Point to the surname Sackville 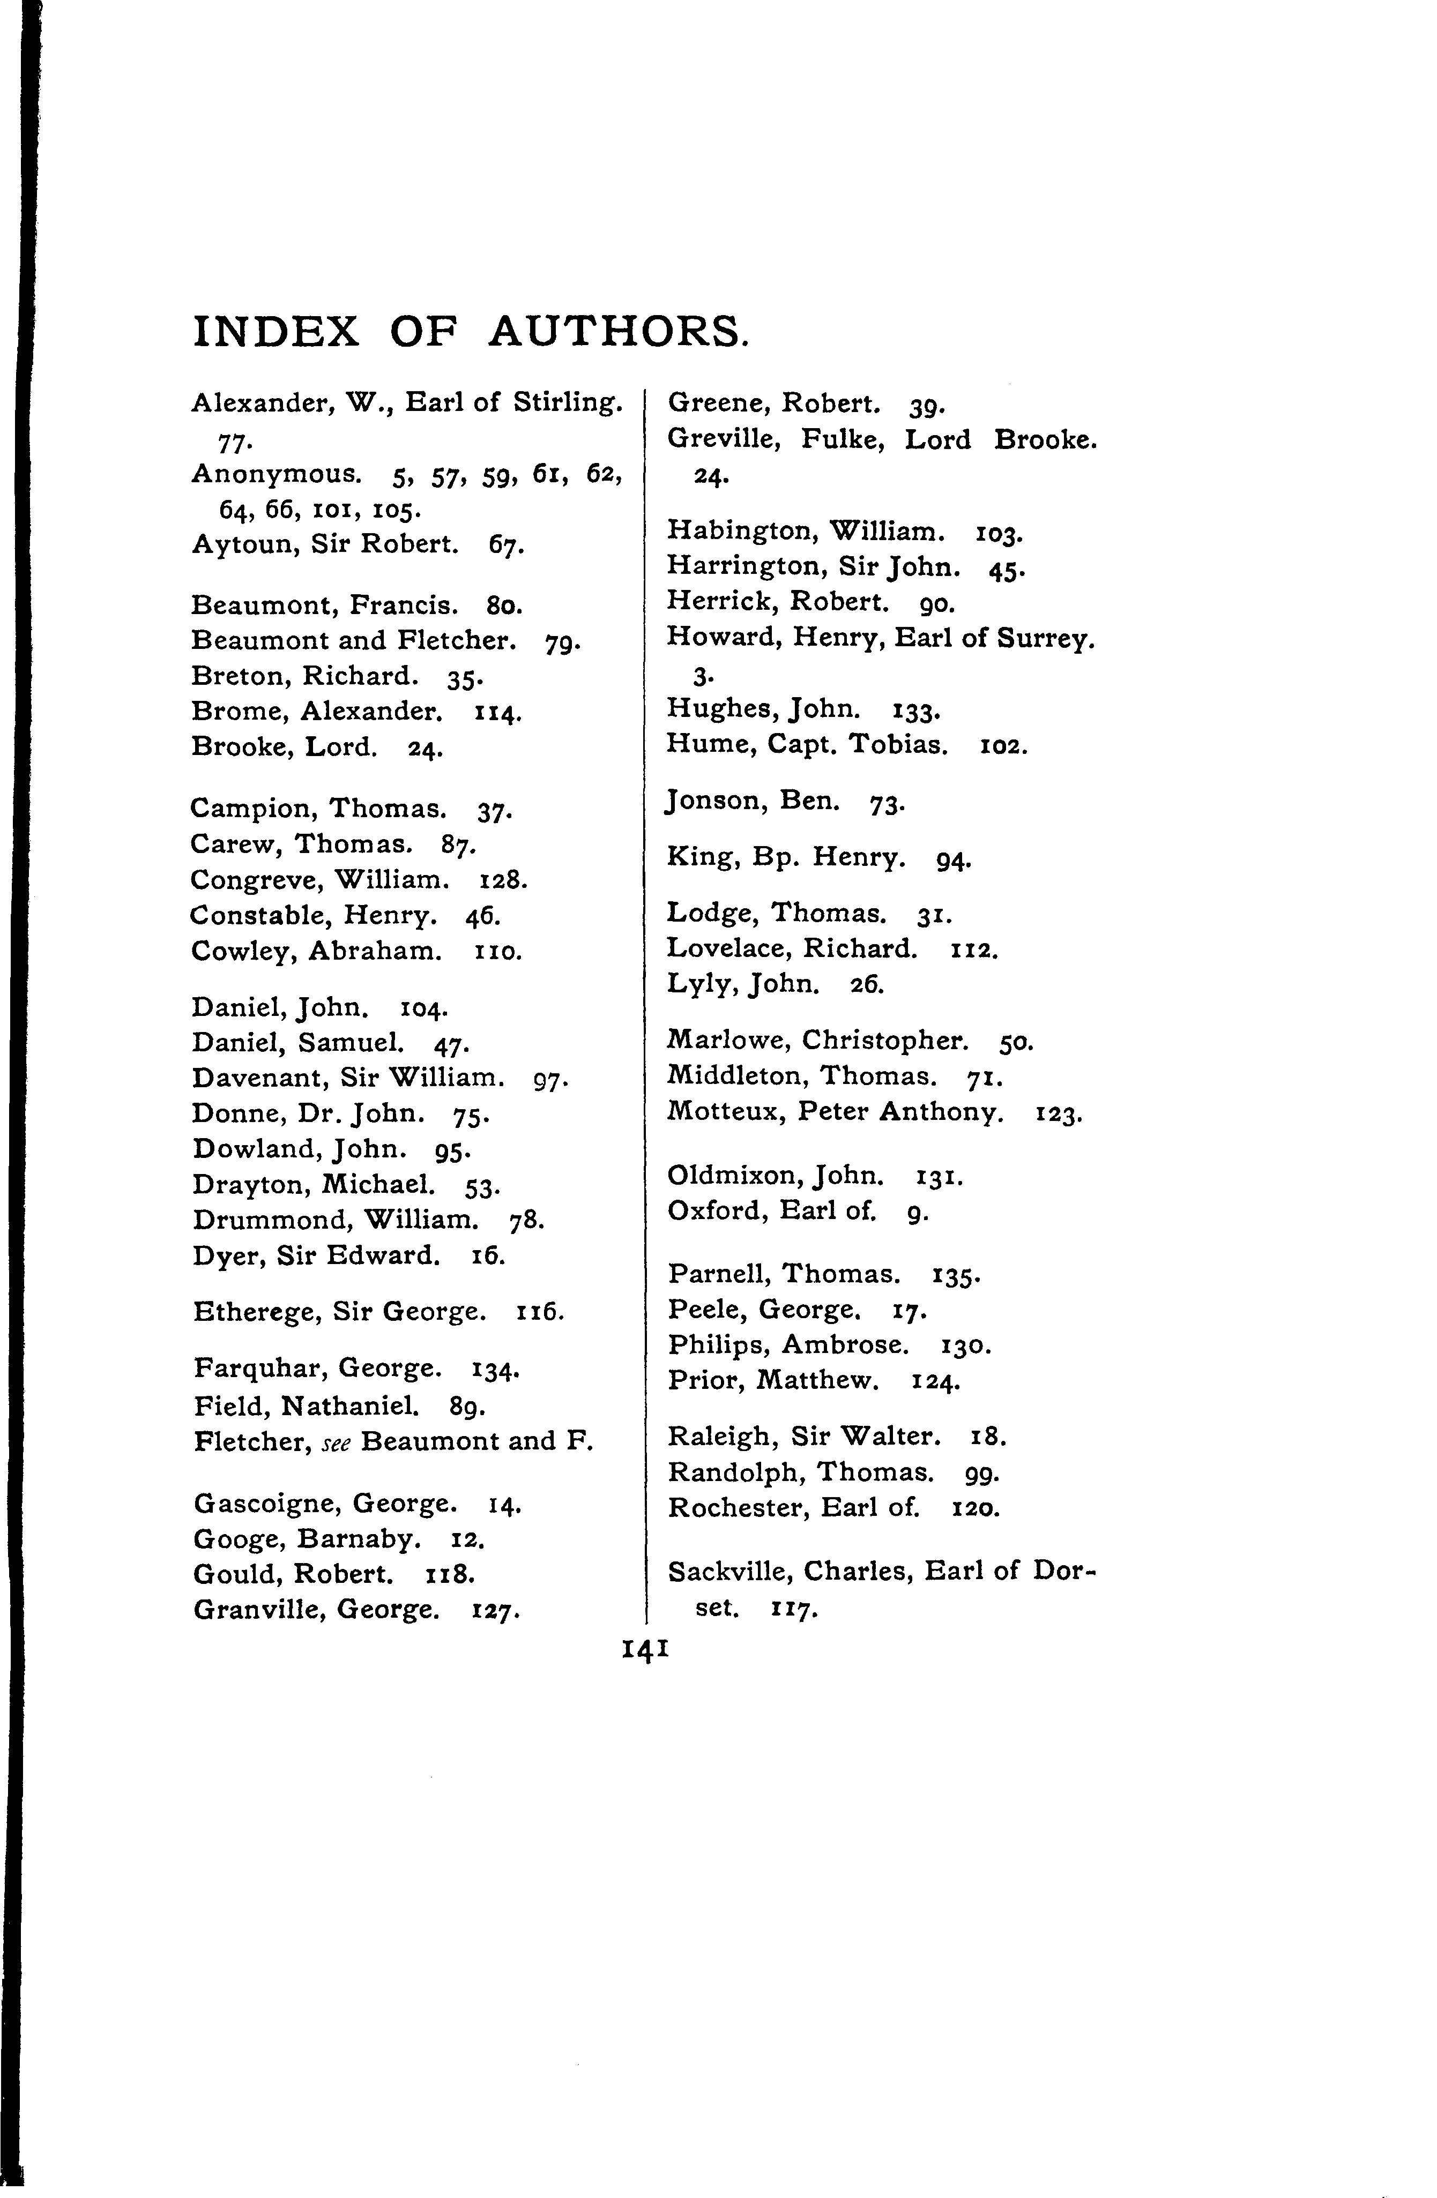coord(726,1571)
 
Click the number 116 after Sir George coord(540,1311)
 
